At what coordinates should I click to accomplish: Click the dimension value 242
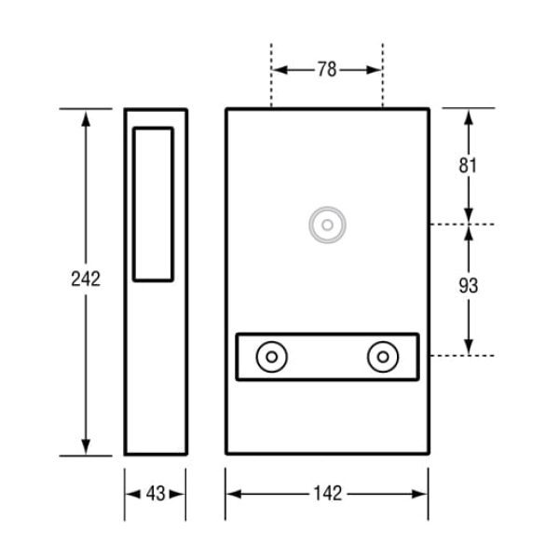[86, 279]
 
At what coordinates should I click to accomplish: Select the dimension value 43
[156, 494]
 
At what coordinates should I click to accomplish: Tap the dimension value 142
[328, 494]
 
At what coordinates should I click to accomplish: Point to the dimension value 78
[326, 70]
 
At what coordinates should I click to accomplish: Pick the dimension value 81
[469, 166]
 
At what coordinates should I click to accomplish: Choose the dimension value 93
[469, 286]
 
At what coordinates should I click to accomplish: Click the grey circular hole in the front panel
[327, 225]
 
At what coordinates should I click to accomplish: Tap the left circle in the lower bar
[272, 357]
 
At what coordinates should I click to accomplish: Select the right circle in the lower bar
[383, 357]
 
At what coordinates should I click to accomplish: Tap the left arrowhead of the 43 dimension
[130, 494]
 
